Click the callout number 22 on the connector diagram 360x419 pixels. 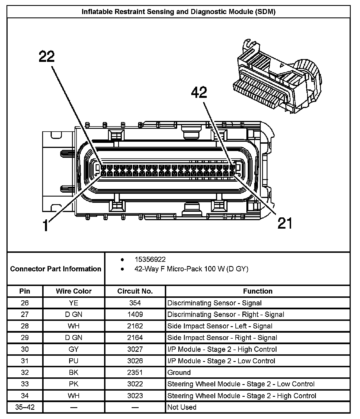coord(47,57)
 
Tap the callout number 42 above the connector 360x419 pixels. coord(199,93)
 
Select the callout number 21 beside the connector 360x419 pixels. coord(285,223)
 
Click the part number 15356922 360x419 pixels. coord(150,259)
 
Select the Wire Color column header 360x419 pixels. coord(74,291)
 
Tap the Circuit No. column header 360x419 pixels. coord(135,291)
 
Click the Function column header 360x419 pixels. coord(258,291)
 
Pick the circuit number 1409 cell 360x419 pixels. coord(135,314)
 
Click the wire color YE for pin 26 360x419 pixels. coord(74,303)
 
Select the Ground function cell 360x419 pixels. coord(179,373)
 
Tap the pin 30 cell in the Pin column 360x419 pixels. coord(25,349)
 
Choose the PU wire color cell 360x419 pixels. coord(74,361)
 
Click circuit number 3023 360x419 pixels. coord(135,396)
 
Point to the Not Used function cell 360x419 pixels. coord(182,407)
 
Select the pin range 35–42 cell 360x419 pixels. coord(25,407)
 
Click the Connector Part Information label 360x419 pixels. coord(56,269)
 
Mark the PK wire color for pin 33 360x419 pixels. coord(74,384)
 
